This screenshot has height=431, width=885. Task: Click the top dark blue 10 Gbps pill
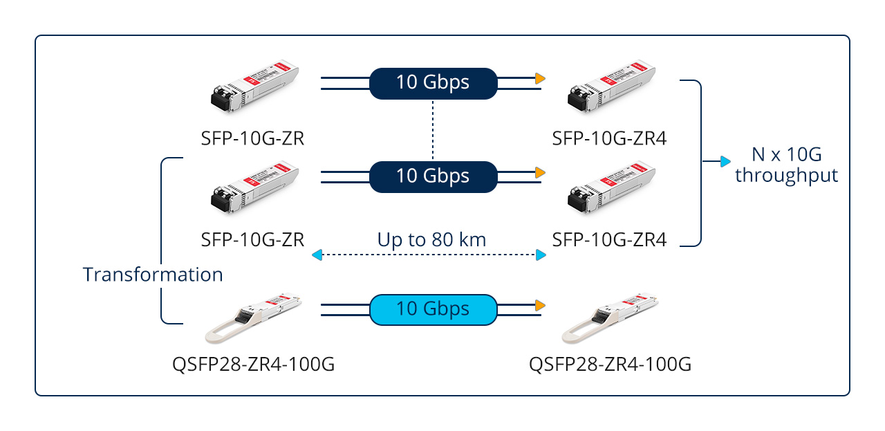[x=433, y=82]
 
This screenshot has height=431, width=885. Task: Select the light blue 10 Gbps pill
[x=433, y=309]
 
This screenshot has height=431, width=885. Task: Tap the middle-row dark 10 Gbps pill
[x=433, y=176]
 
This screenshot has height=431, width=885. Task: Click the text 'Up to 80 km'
[x=431, y=240]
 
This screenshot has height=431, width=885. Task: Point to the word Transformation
[x=153, y=275]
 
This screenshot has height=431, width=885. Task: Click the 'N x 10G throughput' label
[x=786, y=165]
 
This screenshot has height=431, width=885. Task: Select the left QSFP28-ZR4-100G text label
[x=253, y=364]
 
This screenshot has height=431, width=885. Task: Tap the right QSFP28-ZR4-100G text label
[x=610, y=364]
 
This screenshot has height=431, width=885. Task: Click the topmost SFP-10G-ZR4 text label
[x=609, y=139]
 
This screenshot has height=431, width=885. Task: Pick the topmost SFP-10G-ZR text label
[x=252, y=139]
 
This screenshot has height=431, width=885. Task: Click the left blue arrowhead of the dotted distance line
[x=317, y=256]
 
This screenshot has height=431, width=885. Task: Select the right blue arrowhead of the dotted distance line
[x=541, y=256]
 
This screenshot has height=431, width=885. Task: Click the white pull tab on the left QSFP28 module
[x=222, y=332]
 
